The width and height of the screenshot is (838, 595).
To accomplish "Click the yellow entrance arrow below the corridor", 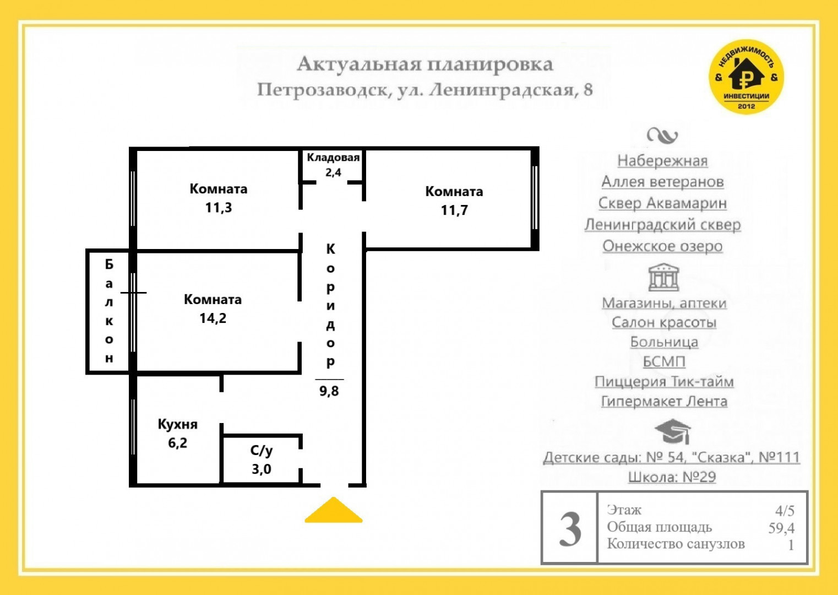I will click(x=333, y=511).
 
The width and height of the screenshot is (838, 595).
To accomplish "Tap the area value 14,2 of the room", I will click(x=213, y=318).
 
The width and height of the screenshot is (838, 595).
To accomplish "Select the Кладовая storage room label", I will click(x=333, y=158).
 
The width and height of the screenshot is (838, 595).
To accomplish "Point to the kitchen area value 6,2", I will click(x=177, y=443).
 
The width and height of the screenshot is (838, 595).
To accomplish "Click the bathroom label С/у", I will click(x=262, y=451).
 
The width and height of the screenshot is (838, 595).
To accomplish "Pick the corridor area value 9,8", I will click(x=329, y=391).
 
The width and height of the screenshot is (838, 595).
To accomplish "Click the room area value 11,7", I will click(x=454, y=210).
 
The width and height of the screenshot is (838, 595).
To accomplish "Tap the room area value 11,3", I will click(x=218, y=208).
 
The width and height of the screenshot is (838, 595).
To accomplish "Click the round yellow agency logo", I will click(x=746, y=77).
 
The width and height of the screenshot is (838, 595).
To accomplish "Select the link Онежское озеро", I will click(x=662, y=246).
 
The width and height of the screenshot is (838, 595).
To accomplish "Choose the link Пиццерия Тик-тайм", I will click(x=664, y=382).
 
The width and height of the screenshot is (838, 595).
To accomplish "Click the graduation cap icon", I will click(x=672, y=431).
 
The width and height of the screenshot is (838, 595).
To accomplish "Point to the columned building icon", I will click(x=663, y=277).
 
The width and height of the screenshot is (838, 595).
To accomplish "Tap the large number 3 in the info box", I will click(x=570, y=529).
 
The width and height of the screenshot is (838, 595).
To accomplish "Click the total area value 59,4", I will click(x=781, y=528).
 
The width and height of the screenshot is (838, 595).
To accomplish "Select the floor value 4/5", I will click(x=785, y=511).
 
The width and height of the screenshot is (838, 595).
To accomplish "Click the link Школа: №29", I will click(x=672, y=477).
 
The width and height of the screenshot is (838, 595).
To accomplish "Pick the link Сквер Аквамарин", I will click(x=662, y=203).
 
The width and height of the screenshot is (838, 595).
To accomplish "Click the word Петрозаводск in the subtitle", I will click(x=322, y=90).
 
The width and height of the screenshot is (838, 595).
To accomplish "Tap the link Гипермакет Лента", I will click(x=664, y=402).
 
